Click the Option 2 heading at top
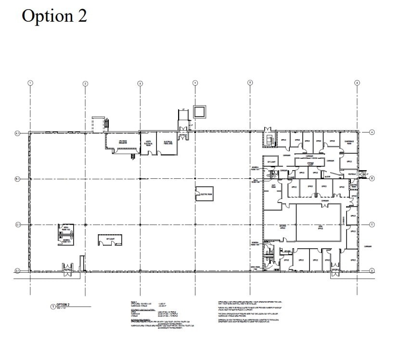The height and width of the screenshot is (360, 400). [x=54, y=15]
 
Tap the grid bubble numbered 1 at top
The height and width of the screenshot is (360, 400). [x=30, y=83]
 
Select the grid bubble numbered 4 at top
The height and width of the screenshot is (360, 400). [x=195, y=83]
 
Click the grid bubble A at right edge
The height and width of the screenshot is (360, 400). [x=372, y=133]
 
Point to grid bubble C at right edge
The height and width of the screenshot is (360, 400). [x=372, y=225]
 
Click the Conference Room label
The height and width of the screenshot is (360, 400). [x=349, y=142]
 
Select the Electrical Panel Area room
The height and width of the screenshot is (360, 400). [x=168, y=142]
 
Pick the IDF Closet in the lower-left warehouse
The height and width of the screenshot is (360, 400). [x=110, y=239]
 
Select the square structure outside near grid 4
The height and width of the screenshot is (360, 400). [x=199, y=111]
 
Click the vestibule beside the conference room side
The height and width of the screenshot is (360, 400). [x=352, y=173]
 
